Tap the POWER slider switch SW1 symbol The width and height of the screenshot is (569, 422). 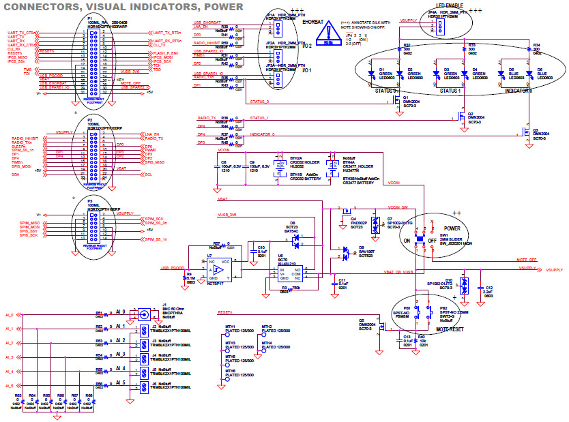432,241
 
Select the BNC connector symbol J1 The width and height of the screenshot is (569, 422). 144,314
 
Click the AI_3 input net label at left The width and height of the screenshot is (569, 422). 9,357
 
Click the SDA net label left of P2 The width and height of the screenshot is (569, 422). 14,175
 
